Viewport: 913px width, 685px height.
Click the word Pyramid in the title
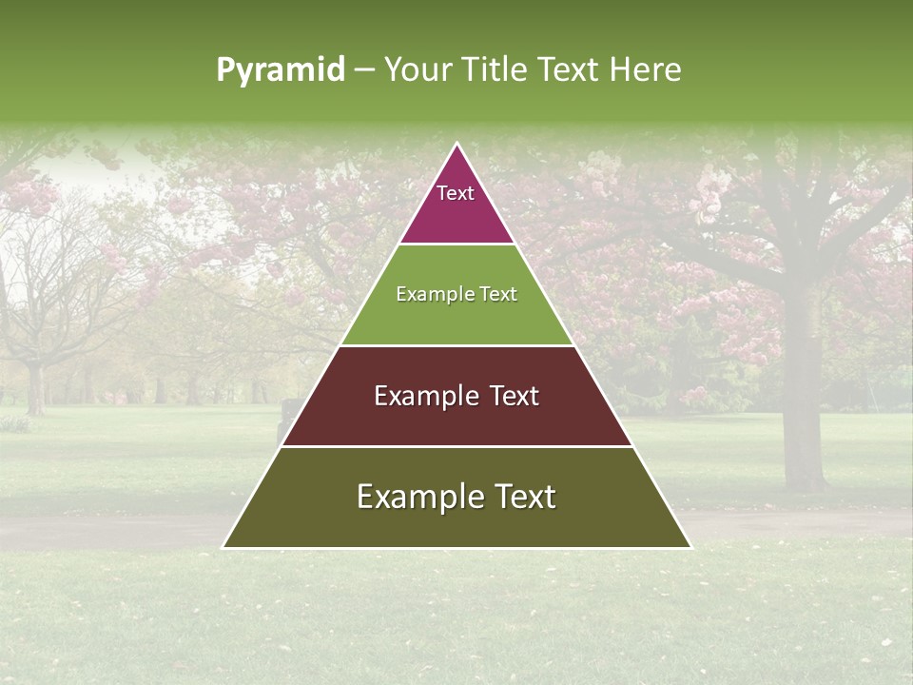tap(280, 70)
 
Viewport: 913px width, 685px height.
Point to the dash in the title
tap(364, 70)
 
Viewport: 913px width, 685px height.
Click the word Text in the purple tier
tap(456, 193)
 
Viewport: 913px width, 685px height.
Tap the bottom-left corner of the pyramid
tap(223, 547)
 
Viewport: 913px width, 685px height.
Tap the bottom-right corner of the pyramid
tap(690, 547)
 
